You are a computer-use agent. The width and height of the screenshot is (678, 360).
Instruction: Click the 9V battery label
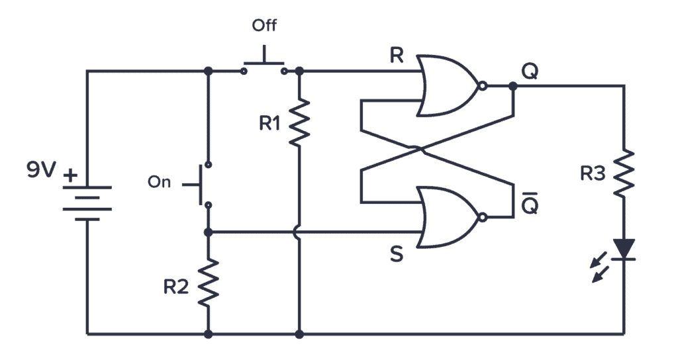(x=41, y=171)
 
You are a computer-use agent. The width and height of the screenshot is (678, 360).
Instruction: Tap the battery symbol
(x=87, y=202)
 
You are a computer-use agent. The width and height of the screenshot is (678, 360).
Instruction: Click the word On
(x=159, y=183)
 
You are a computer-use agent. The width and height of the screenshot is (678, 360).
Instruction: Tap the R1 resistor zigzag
(x=299, y=122)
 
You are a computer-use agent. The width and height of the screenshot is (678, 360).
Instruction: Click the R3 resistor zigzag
(x=624, y=172)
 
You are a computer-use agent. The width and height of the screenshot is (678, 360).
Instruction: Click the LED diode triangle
(x=624, y=249)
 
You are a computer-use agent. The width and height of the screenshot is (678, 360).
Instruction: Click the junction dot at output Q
(x=512, y=86)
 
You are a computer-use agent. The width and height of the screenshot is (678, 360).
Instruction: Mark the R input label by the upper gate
(x=396, y=56)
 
